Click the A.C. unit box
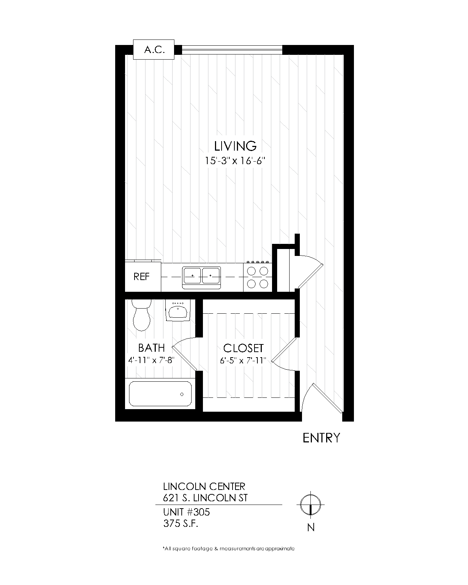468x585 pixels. [x=154, y=49]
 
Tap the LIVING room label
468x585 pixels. [x=235, y=146]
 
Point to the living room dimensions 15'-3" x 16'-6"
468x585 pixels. [x=235, y=161]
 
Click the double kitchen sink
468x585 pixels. [x=201, y=278]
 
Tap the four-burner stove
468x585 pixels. [x=257, y=277]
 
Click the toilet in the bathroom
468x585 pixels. [x=141, y=315]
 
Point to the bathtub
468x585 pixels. [x=160, y=394]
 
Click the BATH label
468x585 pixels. [x=151, y=348]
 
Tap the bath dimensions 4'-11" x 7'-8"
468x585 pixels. [x=151, y=360]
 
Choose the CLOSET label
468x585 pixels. [x=244, y=348]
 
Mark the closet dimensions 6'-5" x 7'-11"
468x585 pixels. [x=243, y=361]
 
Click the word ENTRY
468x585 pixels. [x=321, y=438]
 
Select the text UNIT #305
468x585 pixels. [x=186, y=512]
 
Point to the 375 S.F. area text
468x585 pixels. [x=181, y=524]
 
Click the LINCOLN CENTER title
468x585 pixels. [x=204, y=486]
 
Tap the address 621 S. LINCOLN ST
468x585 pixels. [x=205, y=498]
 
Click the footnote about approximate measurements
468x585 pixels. [x=229, y=548]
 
